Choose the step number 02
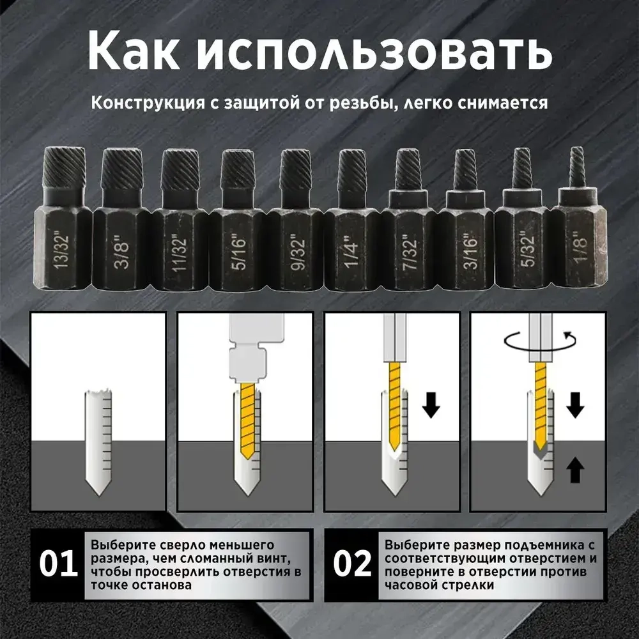point(352,564)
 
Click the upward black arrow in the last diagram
point(576,472)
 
